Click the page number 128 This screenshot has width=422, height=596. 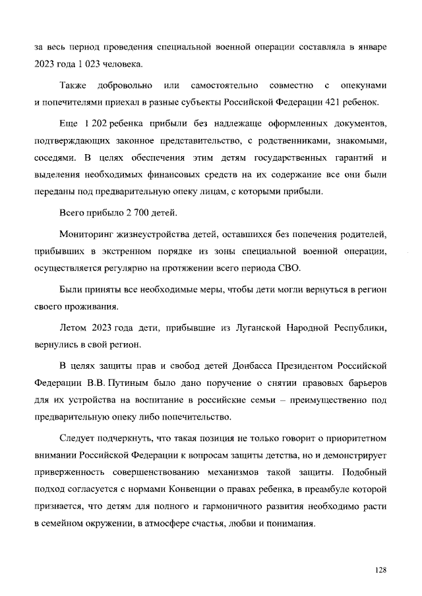pos(379,568)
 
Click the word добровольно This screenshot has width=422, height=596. pos(125,86)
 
